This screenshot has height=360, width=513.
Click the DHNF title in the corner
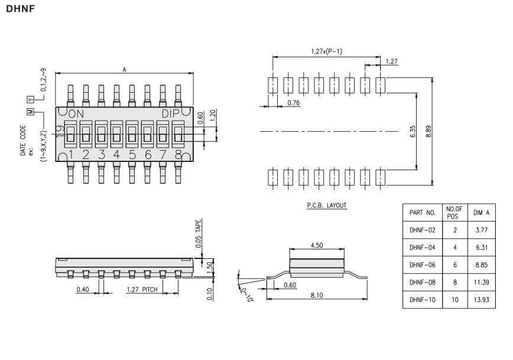coord(20,9)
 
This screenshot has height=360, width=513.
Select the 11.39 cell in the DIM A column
coord(482,282)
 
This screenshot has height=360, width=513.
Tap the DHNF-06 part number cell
coord(423,265)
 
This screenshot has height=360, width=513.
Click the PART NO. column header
coord(423,213)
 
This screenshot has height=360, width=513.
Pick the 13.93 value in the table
coord(482,300)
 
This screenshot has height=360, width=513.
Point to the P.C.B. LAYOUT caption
coord(326,205)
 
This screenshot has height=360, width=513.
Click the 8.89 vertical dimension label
coord(428,131)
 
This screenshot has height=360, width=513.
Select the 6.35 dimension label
coord(413,131)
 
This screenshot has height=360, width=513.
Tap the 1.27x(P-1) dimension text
coord(326,51)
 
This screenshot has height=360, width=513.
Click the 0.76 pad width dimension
coord(294,103)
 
